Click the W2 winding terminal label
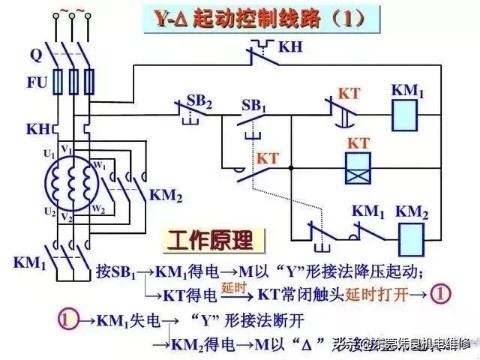pos(98,209)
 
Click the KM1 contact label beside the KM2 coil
pos(367,211)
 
